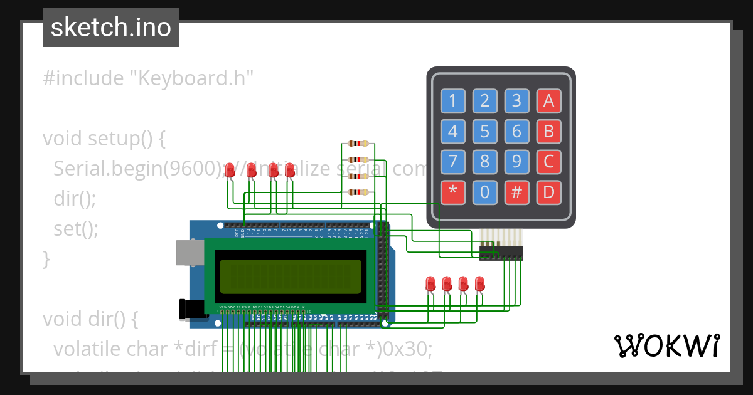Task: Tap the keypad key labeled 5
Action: coord(484,132)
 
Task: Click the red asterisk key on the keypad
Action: coord(452,192)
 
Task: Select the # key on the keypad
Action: coord(516,192)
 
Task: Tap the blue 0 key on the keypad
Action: coord(484,192)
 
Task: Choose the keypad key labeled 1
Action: coord(452,100)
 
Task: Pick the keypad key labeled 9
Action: coord(516,162)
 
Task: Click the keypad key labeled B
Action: coord(548,132)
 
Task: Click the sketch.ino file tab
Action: coord(111,28)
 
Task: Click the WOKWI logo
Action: coord(666,345)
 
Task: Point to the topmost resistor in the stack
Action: coord(358,144)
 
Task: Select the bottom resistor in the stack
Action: coord(358,192)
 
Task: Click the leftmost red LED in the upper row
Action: coord(230,170)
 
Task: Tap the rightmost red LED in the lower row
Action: coord(479,283)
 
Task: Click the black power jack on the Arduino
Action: coord(191,309)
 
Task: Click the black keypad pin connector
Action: coord(501,253)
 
